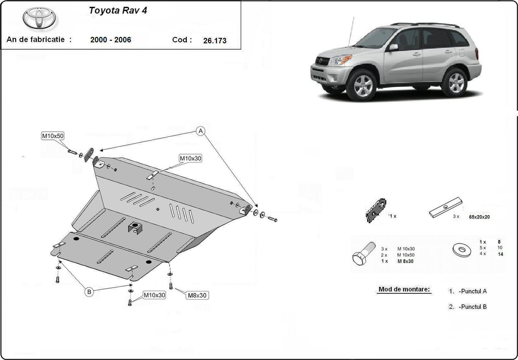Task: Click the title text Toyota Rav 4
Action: click(x=118, y=10)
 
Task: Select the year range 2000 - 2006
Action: click(x=110, y=40)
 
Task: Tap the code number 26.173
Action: click(x=215, y=41)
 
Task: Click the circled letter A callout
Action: click(x=201, y=131)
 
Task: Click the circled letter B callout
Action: click(x=89, y=292)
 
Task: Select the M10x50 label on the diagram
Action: click(x=53, y=136)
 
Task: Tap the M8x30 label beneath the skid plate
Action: click(x=197, y=295)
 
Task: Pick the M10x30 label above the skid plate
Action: click(x=190, y=158)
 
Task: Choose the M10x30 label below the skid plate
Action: click(x=155, y=295)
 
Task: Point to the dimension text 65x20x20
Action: click(x=479, y=217)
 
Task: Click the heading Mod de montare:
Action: click(x=404, y=289)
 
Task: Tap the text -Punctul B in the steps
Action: click(x=472, y=307)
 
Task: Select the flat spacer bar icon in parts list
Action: click(x=445, y=208)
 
